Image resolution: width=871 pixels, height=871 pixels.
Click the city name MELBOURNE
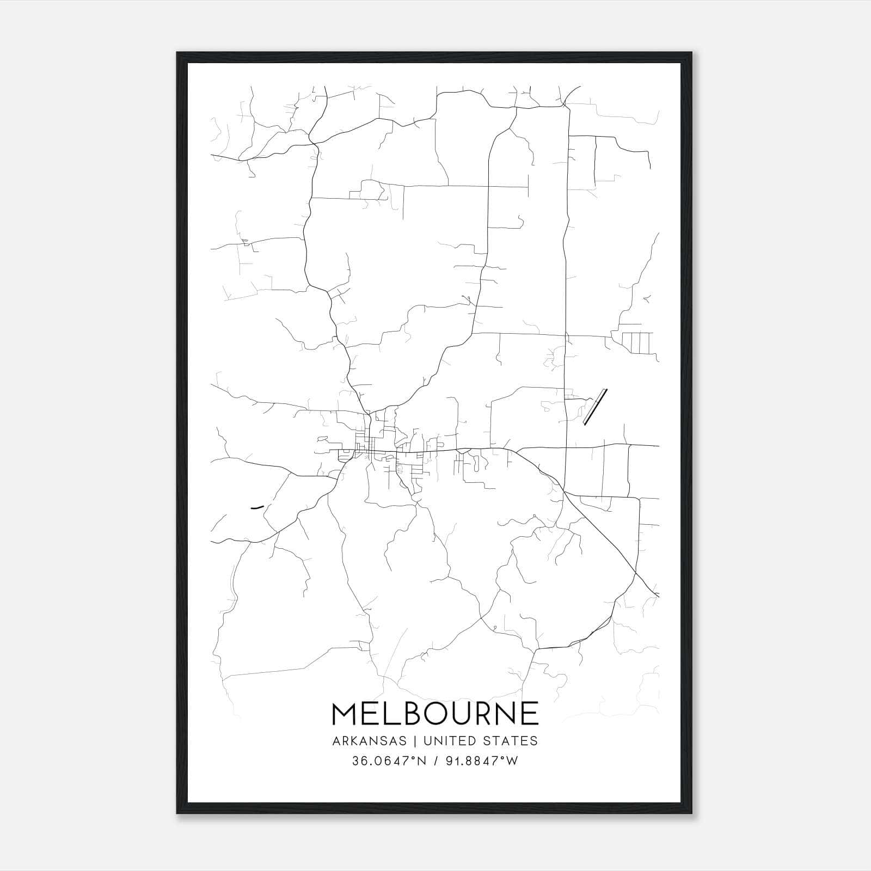click(x=434, y=714)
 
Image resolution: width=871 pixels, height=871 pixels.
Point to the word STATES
click(x=512, y=741)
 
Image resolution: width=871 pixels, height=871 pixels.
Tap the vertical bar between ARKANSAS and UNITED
click(x=415, y=741)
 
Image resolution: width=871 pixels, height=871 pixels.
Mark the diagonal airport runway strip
click(x=594, y=407)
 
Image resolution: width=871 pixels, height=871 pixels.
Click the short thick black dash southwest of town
click(x=256, y=507)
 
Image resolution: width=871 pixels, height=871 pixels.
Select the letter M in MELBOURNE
click(x=345, y=714)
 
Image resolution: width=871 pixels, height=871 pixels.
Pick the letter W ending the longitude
click(x=512, y=761)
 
